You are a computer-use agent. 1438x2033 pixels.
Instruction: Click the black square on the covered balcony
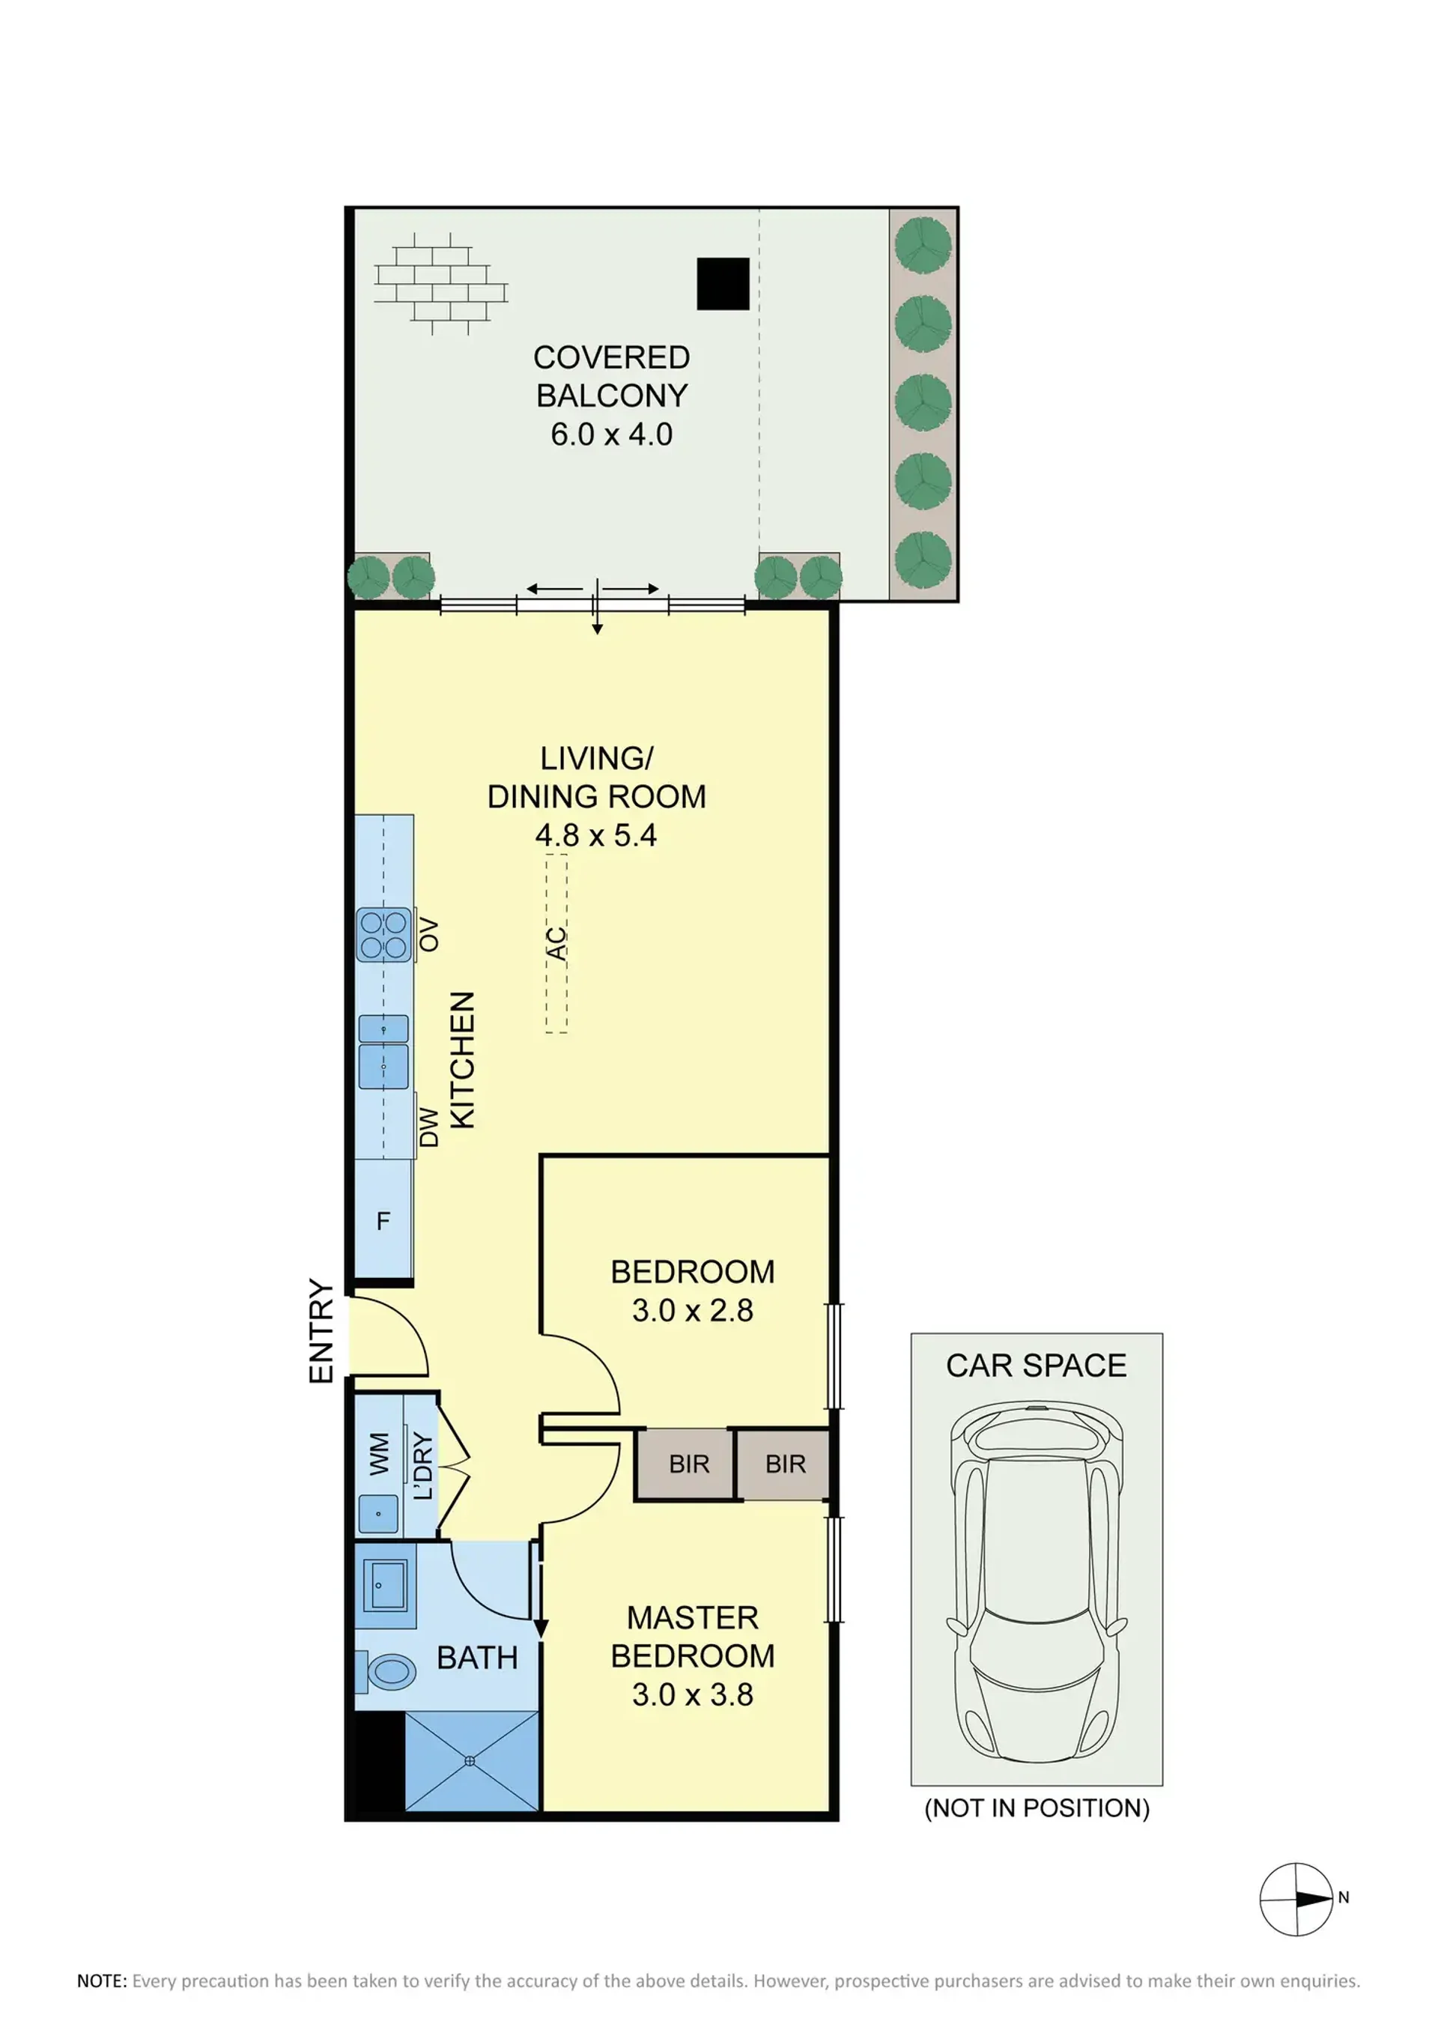click(723, 284)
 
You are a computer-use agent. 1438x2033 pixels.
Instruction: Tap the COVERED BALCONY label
click(612, 376)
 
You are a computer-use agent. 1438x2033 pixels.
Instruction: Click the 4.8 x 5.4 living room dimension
click(596, 835)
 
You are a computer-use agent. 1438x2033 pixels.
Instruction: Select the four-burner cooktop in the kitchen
click(383, 935)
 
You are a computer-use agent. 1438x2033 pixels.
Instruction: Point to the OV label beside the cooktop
click(428, 935)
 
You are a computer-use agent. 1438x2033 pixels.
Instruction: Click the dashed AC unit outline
click(556, 943)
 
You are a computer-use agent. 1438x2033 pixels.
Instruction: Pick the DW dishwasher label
click(428, 1127)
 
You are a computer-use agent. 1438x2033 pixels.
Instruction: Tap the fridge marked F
click(383, 1220)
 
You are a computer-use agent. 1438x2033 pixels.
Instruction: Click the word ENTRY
click(321, 1331)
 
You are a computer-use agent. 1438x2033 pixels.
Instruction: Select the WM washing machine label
click(379, 1454)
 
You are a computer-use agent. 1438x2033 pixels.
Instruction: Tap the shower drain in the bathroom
click(470, 1761)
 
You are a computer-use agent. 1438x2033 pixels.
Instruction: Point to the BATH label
click(477, 1658)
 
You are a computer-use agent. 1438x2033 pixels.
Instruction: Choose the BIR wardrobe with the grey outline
click(784, 1464)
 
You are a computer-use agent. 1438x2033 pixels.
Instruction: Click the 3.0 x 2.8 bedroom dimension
click(693, 1309)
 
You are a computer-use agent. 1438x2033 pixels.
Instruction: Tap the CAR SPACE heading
click(1036, 1366)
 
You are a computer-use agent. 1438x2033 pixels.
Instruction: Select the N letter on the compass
click(1343, 1897)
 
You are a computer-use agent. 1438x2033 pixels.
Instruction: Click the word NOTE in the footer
click(102, 1981)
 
